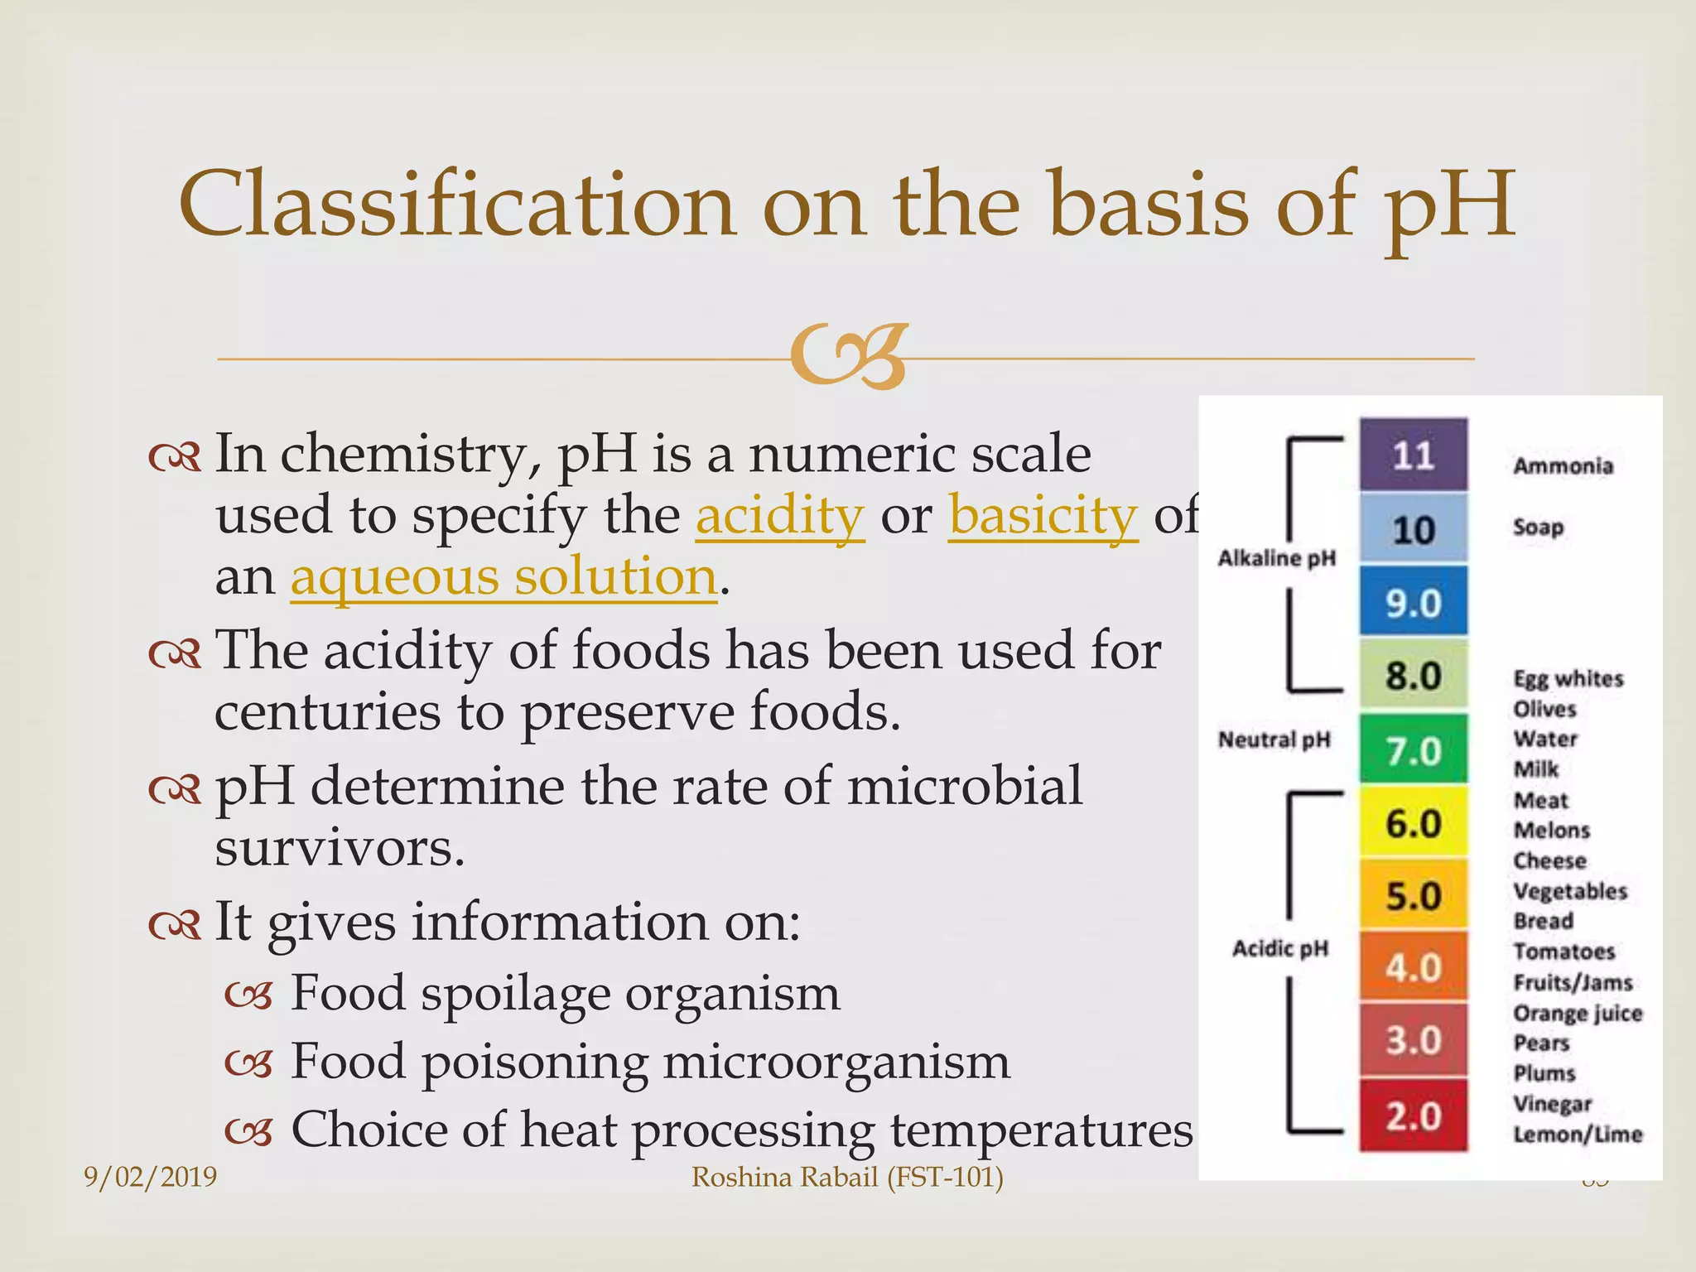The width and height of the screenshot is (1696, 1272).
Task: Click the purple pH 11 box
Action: click(1413, 455)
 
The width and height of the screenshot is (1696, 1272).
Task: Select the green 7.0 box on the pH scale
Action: click(1413, 749)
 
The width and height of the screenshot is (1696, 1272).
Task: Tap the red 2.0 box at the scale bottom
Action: click(1413, 1115)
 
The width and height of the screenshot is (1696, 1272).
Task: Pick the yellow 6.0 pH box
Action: click(1413, 822)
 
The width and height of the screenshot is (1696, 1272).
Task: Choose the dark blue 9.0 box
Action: click(1413, 602)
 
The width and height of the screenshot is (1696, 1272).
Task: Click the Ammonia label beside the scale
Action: click(1563, 466)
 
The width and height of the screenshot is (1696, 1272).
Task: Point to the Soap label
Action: click(1538, 527)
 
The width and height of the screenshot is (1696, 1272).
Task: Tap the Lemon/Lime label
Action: click(1577, 1134)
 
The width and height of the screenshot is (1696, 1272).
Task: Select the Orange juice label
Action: click(1577, 1013)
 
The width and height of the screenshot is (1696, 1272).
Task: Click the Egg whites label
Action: click(1568, 679)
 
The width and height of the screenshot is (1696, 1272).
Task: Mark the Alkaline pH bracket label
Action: click(1276, 558)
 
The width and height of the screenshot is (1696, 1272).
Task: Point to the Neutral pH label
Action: click(1274, 740)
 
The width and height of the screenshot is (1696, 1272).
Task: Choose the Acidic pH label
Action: click(1279, 948)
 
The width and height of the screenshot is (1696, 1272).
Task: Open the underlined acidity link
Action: click(779, 515)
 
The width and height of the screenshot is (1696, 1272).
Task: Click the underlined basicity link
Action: click(1043, 515)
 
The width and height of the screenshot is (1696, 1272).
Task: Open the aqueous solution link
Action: click(503, 576)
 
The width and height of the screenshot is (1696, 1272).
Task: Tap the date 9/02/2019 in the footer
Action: click(150, 1177)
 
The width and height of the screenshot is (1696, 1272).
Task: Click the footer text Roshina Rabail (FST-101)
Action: click(847, 1177)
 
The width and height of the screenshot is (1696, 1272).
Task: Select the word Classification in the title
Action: click(456, 205)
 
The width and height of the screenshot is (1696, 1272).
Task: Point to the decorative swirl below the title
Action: click(848, 358)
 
